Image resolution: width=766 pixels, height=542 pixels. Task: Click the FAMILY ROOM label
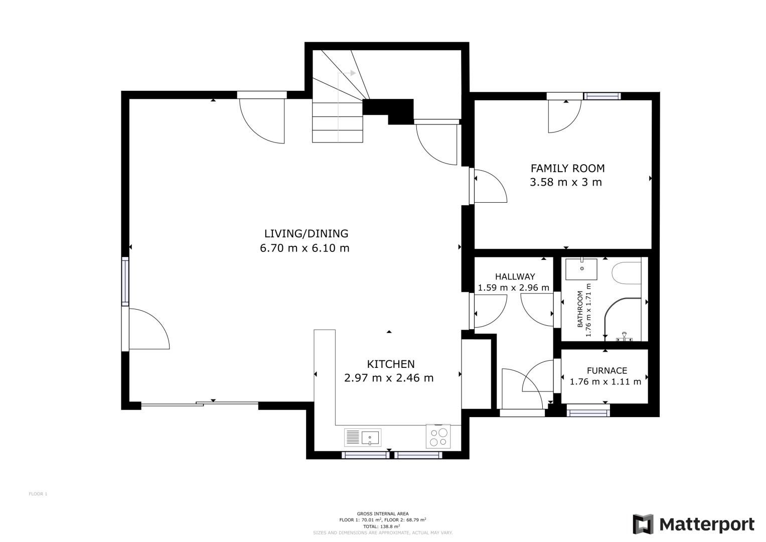tap(568, 168)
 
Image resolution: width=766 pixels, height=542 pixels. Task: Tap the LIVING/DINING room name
tap(307, 234)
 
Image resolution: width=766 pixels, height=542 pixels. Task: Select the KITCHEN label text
tap(391, 364)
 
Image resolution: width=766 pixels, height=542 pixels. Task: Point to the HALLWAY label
tap(515, 277)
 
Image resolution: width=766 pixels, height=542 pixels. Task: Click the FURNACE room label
tap(607, 370)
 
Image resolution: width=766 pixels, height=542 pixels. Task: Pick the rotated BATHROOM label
tap(580, 309)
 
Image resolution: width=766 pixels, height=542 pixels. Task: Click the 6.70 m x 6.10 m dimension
tap(304, 248)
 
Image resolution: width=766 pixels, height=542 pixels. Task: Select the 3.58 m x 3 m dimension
tap(566, 182)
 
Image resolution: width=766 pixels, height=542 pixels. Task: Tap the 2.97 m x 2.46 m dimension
tap(389, 378)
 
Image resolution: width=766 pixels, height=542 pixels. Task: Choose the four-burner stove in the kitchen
tap(438, 436)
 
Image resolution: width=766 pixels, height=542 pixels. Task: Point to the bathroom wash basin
tap(581, 269)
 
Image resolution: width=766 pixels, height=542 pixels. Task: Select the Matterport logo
tap(693, 524)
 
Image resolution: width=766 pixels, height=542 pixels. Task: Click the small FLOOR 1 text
tap(38, 494)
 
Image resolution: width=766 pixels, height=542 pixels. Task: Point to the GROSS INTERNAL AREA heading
tap(383, 513)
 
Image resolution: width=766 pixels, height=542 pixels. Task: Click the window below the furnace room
tap(588, 411)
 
